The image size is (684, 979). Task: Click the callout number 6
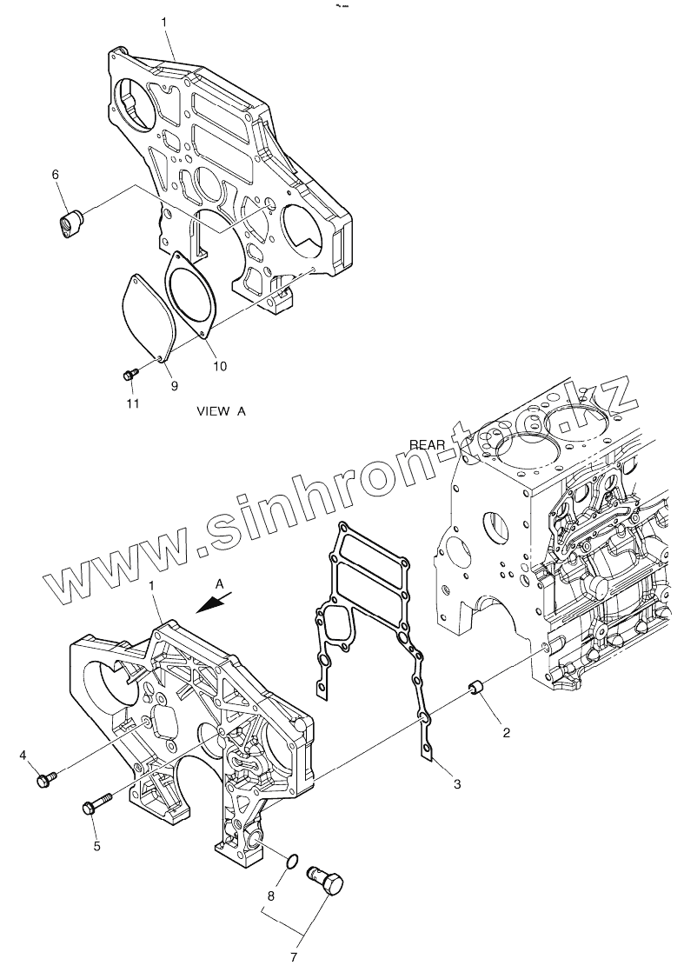click(56, 175)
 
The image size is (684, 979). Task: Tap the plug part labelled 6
click(68, 222)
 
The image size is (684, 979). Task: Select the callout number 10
click(219, 366)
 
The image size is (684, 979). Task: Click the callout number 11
click(131, 403)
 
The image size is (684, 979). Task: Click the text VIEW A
click(222, 411)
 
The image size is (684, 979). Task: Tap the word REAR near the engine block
click(428, 444)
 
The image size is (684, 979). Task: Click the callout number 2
click(506, 732)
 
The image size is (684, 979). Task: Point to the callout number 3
click(456, 784)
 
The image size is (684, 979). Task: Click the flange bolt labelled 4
click(45, 779)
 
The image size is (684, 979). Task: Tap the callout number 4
click(23, 755)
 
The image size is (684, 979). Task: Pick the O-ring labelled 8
click(293, 862)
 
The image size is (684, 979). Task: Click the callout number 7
click(294, 958)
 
